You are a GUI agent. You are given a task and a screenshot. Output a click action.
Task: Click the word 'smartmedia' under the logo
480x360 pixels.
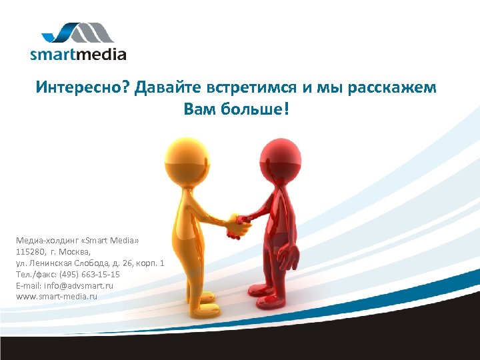(78, 55)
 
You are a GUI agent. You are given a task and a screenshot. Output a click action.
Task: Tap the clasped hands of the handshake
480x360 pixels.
(237, 223)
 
